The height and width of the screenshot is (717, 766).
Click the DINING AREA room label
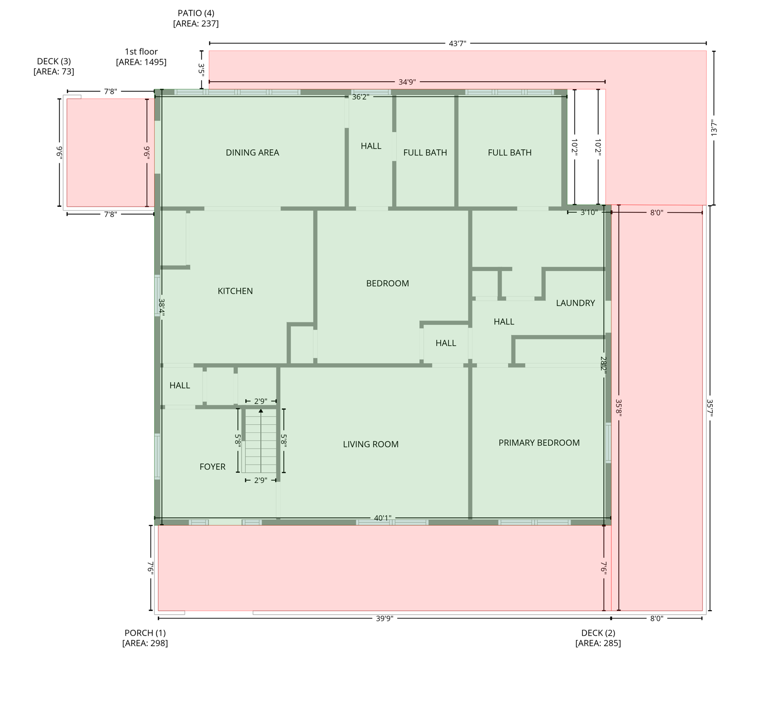pos(252,153)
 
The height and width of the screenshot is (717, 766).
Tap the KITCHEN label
pos(235,291)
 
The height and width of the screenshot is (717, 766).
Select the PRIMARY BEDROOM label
pos(539,443)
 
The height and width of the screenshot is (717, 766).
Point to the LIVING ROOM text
pos(371,444)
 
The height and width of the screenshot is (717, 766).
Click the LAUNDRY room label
pos(575,303)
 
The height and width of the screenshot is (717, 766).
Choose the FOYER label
pos(212,467)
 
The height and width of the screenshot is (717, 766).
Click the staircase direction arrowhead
pos(261,411)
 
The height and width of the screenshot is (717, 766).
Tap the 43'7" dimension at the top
pos(458,44)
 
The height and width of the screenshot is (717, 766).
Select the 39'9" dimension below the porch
pos(385,619)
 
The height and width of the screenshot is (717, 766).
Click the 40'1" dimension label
pos(382,518)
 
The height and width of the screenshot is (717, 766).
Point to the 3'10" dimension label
pos(589,212)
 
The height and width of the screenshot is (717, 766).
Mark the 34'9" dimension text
pos(407,82)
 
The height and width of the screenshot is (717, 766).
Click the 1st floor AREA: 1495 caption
pos(141,57)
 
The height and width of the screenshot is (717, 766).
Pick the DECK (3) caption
pos(54,66)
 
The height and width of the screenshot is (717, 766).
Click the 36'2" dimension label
pos(360,97)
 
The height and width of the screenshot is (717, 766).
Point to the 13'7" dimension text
pos(714,128)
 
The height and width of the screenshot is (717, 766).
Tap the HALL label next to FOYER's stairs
pos(179,386)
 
